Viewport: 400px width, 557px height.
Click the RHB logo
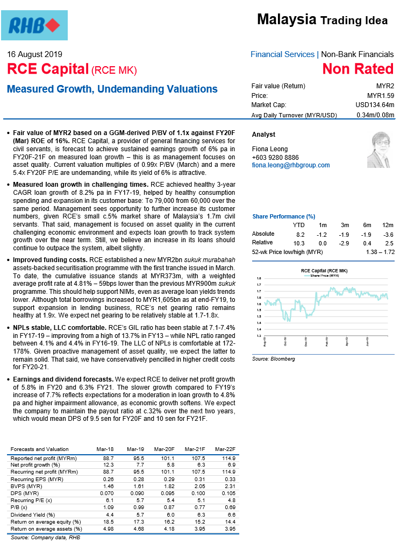(38, 25)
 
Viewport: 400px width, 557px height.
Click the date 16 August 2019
(34, 54)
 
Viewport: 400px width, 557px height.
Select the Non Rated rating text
(358, 69)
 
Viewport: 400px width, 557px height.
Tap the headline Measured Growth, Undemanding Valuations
(112, 89)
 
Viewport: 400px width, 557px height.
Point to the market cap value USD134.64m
(375, 105)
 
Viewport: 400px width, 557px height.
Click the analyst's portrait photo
(378, 150)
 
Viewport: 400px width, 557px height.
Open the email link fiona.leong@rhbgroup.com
(291, 165)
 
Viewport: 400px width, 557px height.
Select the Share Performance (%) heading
(283, 216)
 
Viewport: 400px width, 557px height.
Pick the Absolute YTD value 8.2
(301, 235)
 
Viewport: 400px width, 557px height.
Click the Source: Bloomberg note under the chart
(274, 359)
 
